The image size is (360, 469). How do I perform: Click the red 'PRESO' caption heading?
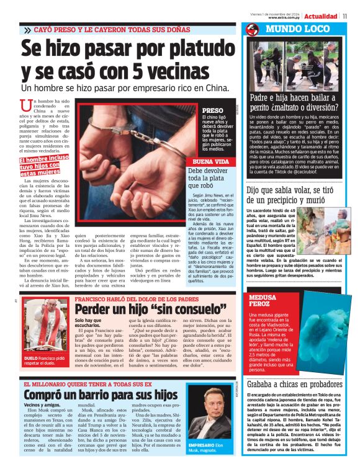pos(212,110)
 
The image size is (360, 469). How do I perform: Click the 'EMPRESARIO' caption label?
pos(204,445)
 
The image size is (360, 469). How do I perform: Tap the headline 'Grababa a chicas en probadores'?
pos(294,385)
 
